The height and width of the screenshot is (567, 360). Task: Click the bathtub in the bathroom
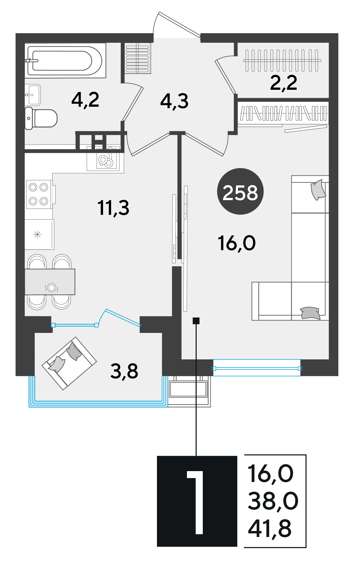pyautogui.click(x=65, y=60)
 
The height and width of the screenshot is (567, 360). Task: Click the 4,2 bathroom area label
pyautogui.click(x=85, y=100)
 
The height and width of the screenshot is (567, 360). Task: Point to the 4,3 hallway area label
pyautogui.click(x=174, y=101)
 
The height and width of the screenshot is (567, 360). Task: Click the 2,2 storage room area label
pyautogui.click(x=284, y=83)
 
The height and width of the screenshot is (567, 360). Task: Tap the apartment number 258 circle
pyautogui.click(x=240, y=192)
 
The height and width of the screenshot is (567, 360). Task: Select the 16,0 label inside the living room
pyautogui.click(x=237, y=243)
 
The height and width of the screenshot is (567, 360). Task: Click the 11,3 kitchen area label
pyautogui.click(x=113, y=208)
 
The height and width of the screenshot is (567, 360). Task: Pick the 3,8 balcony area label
pyautogui.click(x=124, y=371)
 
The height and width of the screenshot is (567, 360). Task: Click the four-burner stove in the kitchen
pyautogui.click(x=39, y=194)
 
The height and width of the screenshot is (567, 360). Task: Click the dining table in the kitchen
pyautogui.click(x=50, y=282)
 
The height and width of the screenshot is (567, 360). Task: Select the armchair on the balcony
pyautogui.click(x=69, y=364)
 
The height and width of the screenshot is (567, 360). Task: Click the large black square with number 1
pyautogui.click(x=197, y=501)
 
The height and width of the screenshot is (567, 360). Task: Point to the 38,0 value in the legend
pyautogui.click(x=273, y=501)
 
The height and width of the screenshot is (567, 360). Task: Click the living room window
pyautogui.click(x=257, y=368)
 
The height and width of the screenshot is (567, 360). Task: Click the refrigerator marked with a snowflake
pyautogui.click(x=39, y=234)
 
